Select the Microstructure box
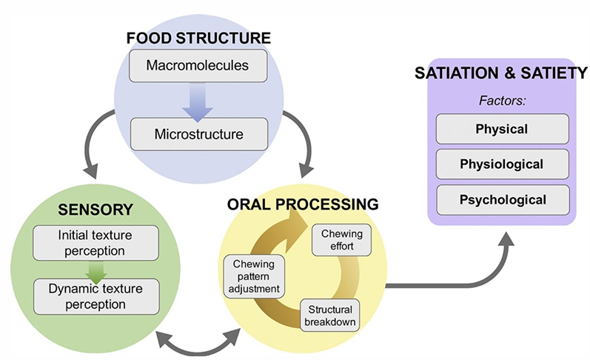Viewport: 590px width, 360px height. (198, 134)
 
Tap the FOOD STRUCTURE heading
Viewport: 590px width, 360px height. (198, 37)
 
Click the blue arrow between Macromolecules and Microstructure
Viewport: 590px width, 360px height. (198, 101)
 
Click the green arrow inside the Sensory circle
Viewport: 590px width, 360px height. (95, 269)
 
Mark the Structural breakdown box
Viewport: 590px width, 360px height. (329, 315)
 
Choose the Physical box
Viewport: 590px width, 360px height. (503, 129)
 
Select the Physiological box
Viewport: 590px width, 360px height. (503, 164)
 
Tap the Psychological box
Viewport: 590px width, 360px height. (503, 199)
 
